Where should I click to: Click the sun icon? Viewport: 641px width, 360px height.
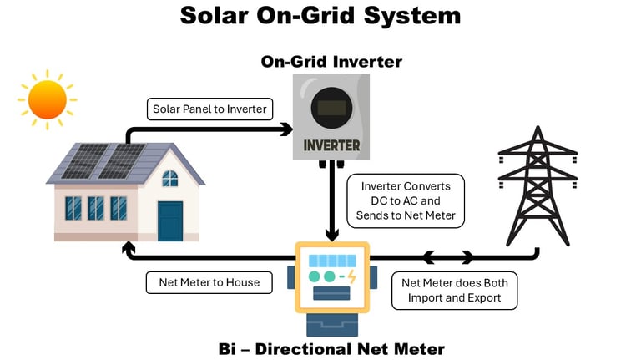pos(48,100)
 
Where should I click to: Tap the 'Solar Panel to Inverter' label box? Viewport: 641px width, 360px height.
pos(209,109)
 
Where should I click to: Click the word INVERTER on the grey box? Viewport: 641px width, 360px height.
pos(331,145)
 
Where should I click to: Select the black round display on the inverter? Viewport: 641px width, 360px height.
pos(331,108)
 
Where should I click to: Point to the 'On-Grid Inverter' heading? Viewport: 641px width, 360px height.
pos(331,62)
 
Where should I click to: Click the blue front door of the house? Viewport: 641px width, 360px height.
pos(170,221)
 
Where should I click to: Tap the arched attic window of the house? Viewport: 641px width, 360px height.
pos(170,179)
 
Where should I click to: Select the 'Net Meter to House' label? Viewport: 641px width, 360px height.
pos(209,282)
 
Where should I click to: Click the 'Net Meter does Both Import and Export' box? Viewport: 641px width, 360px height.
pos(455,291)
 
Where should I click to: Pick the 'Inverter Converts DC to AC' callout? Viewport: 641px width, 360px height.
pos(406,200)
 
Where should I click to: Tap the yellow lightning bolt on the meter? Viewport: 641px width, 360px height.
pos(351,276)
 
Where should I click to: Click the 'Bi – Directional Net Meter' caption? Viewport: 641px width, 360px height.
pos(331,349)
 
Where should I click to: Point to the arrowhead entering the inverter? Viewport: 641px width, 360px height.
pos(287,129)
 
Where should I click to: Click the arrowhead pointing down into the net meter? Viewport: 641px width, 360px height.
pos(332,235)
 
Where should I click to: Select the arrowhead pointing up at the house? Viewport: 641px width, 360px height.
pos(129,246)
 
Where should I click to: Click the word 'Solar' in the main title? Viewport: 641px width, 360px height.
pos(215,16)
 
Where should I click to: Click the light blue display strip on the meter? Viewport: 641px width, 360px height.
pos(332,261)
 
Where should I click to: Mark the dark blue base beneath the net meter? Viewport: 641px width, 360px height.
pos(332,325)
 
